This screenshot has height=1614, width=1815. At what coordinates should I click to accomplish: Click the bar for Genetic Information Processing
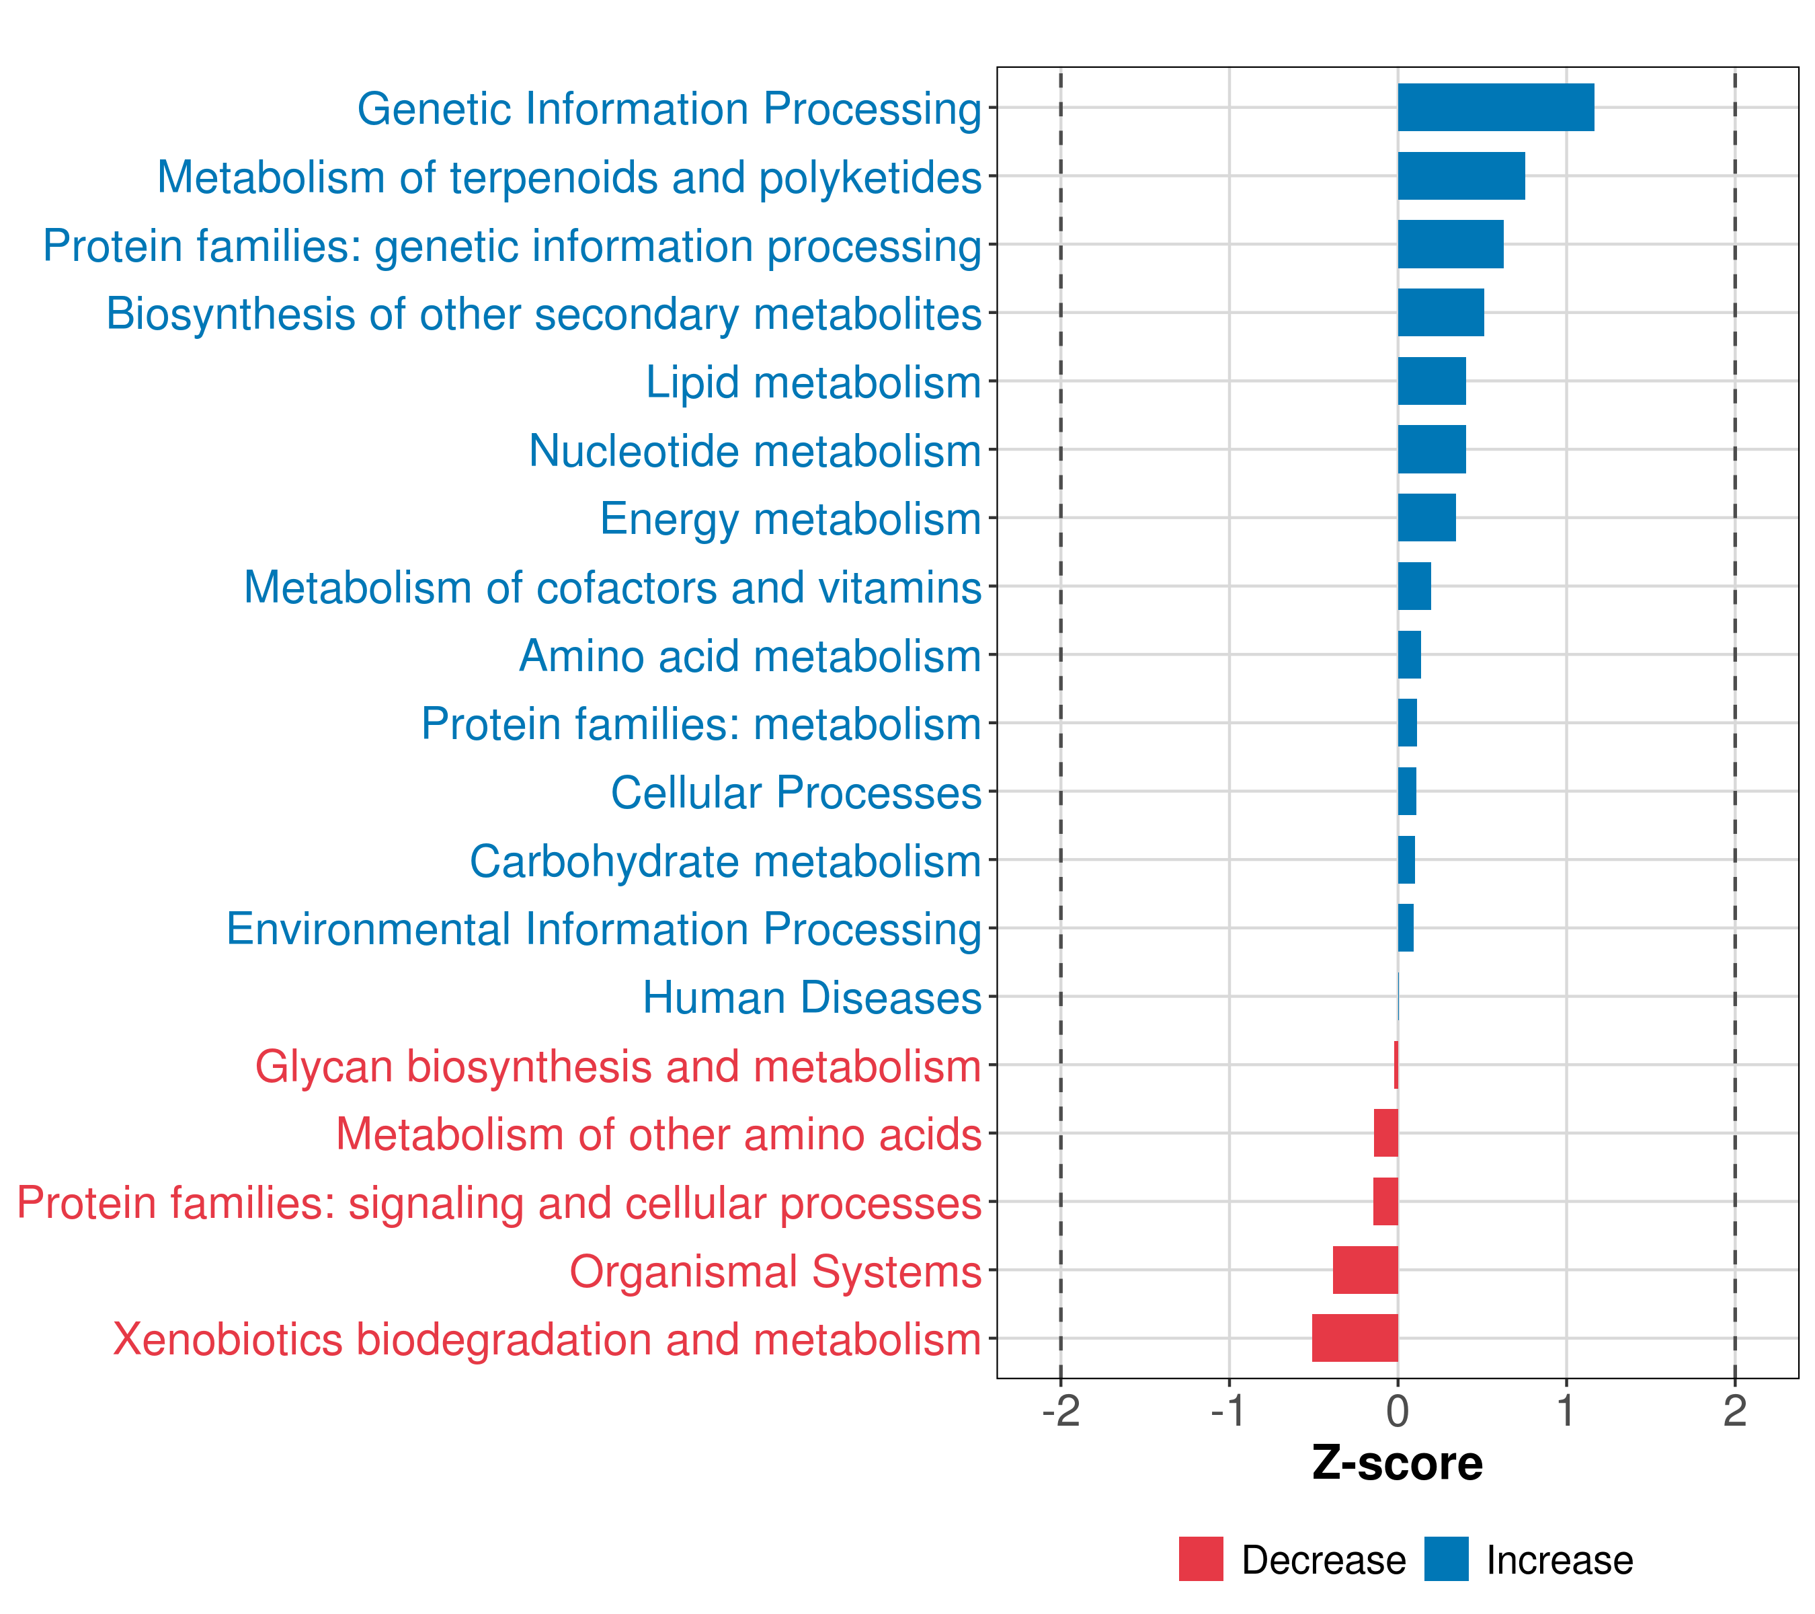tap(1495, 108)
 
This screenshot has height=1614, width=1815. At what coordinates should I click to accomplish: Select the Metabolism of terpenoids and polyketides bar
tap(1461, 176)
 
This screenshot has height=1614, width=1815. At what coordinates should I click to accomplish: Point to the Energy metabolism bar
tap(1426, 518)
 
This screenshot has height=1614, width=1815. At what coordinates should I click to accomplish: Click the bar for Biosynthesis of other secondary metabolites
tap(1441, 313)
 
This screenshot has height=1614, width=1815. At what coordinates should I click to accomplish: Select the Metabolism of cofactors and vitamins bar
tap(1414, 586)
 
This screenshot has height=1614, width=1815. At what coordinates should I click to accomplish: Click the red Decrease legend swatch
tap(1201, 1559)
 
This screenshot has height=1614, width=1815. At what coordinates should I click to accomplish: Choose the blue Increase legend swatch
tap(1445, 1559)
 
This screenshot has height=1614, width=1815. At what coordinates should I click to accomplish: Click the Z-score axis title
tap(1397, 1463)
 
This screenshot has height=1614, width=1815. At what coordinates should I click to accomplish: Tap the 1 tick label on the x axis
tap(1566, 1411)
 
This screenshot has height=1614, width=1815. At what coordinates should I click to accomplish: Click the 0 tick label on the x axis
tap(1397, 1411)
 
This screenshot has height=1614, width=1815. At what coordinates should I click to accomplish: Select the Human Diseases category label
tap(811, 997)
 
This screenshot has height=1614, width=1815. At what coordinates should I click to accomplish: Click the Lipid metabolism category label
tap(813, 383)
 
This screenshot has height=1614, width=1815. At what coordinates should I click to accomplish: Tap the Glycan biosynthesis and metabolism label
tap(618, 1066)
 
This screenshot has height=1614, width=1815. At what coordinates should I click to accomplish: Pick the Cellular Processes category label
tap(796, 792)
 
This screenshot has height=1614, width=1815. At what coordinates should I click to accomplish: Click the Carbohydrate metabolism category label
tap(725, 861)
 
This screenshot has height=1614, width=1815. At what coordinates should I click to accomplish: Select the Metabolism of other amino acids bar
tap(1385, 1132)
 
